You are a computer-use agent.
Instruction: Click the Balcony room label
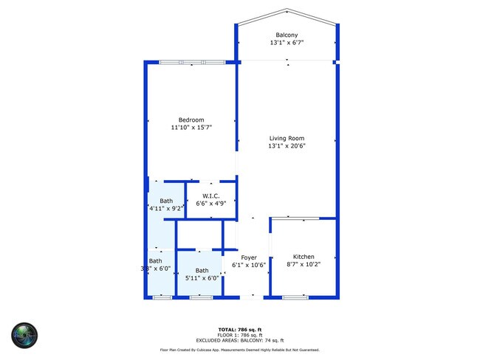(x=287, y=35)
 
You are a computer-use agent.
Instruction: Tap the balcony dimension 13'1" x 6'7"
(x=287, y=44)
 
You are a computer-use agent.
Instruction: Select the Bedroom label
(x=191, y=120)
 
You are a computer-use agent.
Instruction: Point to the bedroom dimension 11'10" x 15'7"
(x=191, y=128)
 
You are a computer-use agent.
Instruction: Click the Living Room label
(x=287, y=138)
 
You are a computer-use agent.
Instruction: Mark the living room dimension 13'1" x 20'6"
(x=287, y=146)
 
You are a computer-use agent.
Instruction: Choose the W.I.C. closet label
(x=211, y=195)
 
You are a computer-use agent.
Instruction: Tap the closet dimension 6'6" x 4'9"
(x=211, y=204)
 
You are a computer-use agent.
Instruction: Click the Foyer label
(x=248, y=257)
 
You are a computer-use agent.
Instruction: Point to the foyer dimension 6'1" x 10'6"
(x=248, y=265)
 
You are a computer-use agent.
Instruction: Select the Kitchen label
(x=304, y=257)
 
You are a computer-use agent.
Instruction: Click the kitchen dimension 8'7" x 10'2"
(x=304, y=265)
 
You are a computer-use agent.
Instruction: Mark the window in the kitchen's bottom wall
(x=295, y=297)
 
